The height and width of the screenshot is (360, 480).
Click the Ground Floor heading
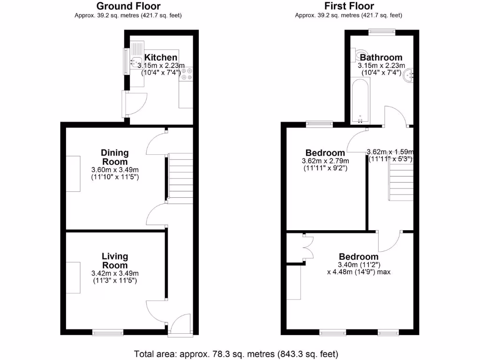point(128,6)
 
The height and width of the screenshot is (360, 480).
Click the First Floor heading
point(349,6)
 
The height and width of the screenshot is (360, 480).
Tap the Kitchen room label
point(161,58)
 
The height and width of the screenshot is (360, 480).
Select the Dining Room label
point(115,157)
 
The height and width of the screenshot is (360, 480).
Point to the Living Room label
point(115,261)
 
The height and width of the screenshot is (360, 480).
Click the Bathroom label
point(381,58)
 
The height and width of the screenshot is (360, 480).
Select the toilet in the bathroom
point(358,53)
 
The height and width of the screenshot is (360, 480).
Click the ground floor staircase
point(180,178)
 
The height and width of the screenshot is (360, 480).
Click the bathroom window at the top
point(382,32)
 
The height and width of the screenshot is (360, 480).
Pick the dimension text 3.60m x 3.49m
point(115,170)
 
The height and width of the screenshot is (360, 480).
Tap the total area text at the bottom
point(236,354)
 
